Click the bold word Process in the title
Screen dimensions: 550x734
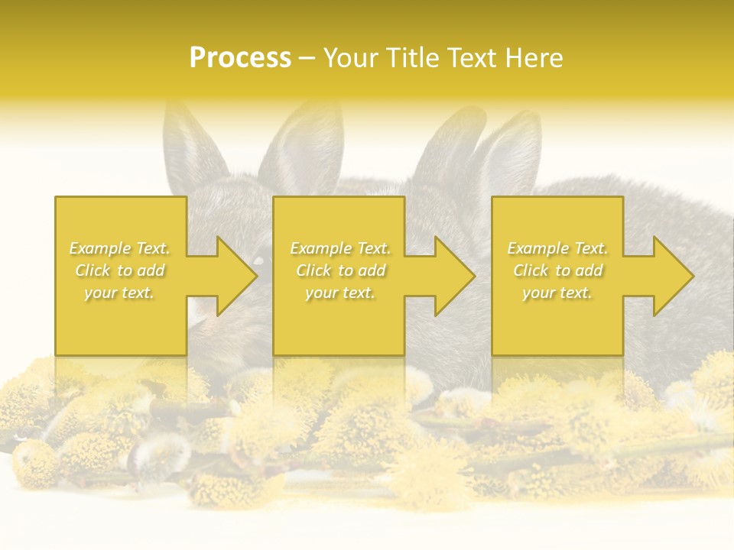tap(240, 58)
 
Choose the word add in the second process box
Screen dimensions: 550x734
tap(372, 270)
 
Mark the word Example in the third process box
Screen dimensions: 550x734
tap(536, 248)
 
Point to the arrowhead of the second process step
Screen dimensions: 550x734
tap(454, 276)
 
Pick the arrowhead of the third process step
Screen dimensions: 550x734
tap(672, 276)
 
